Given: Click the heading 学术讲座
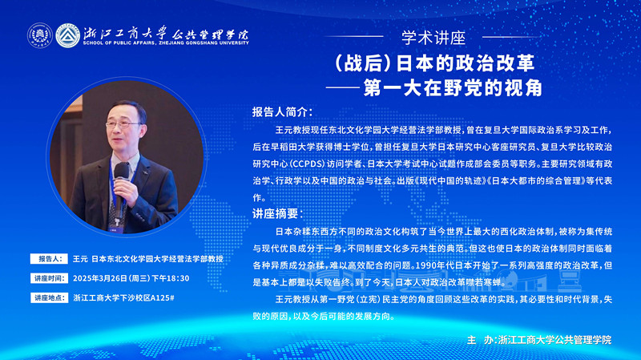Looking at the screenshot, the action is (433, 38).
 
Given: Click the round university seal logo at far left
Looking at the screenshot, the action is (39, 35).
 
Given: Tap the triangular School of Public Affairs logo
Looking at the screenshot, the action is (68, 35).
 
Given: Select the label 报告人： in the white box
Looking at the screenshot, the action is (49, 259).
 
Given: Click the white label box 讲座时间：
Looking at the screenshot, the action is (49, 278).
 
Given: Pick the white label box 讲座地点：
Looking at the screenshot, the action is (49, 297).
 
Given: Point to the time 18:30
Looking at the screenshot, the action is (178, 278).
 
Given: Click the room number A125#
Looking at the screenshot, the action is (163, 297).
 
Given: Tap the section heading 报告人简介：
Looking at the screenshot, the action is (283, 112).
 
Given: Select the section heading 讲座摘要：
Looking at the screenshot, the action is (278, 213).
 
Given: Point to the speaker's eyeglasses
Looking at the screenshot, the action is (123, 124).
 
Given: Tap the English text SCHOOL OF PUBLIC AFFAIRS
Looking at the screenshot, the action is (119, 43).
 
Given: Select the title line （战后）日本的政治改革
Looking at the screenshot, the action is (434, 63).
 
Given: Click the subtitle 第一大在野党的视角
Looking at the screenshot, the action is (453, 88).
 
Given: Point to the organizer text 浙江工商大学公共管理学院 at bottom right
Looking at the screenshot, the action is (554, 340).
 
